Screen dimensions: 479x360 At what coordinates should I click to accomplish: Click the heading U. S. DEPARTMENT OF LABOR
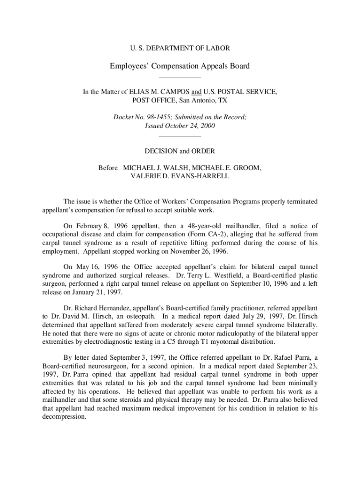click(180, 48)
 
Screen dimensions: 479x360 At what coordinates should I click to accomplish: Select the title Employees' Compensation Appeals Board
click(180, 66)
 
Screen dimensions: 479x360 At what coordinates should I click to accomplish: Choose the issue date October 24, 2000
click(189, 126)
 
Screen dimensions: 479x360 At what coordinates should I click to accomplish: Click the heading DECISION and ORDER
click(180, 151)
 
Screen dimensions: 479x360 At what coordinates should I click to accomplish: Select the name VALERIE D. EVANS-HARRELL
click(180, 176)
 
